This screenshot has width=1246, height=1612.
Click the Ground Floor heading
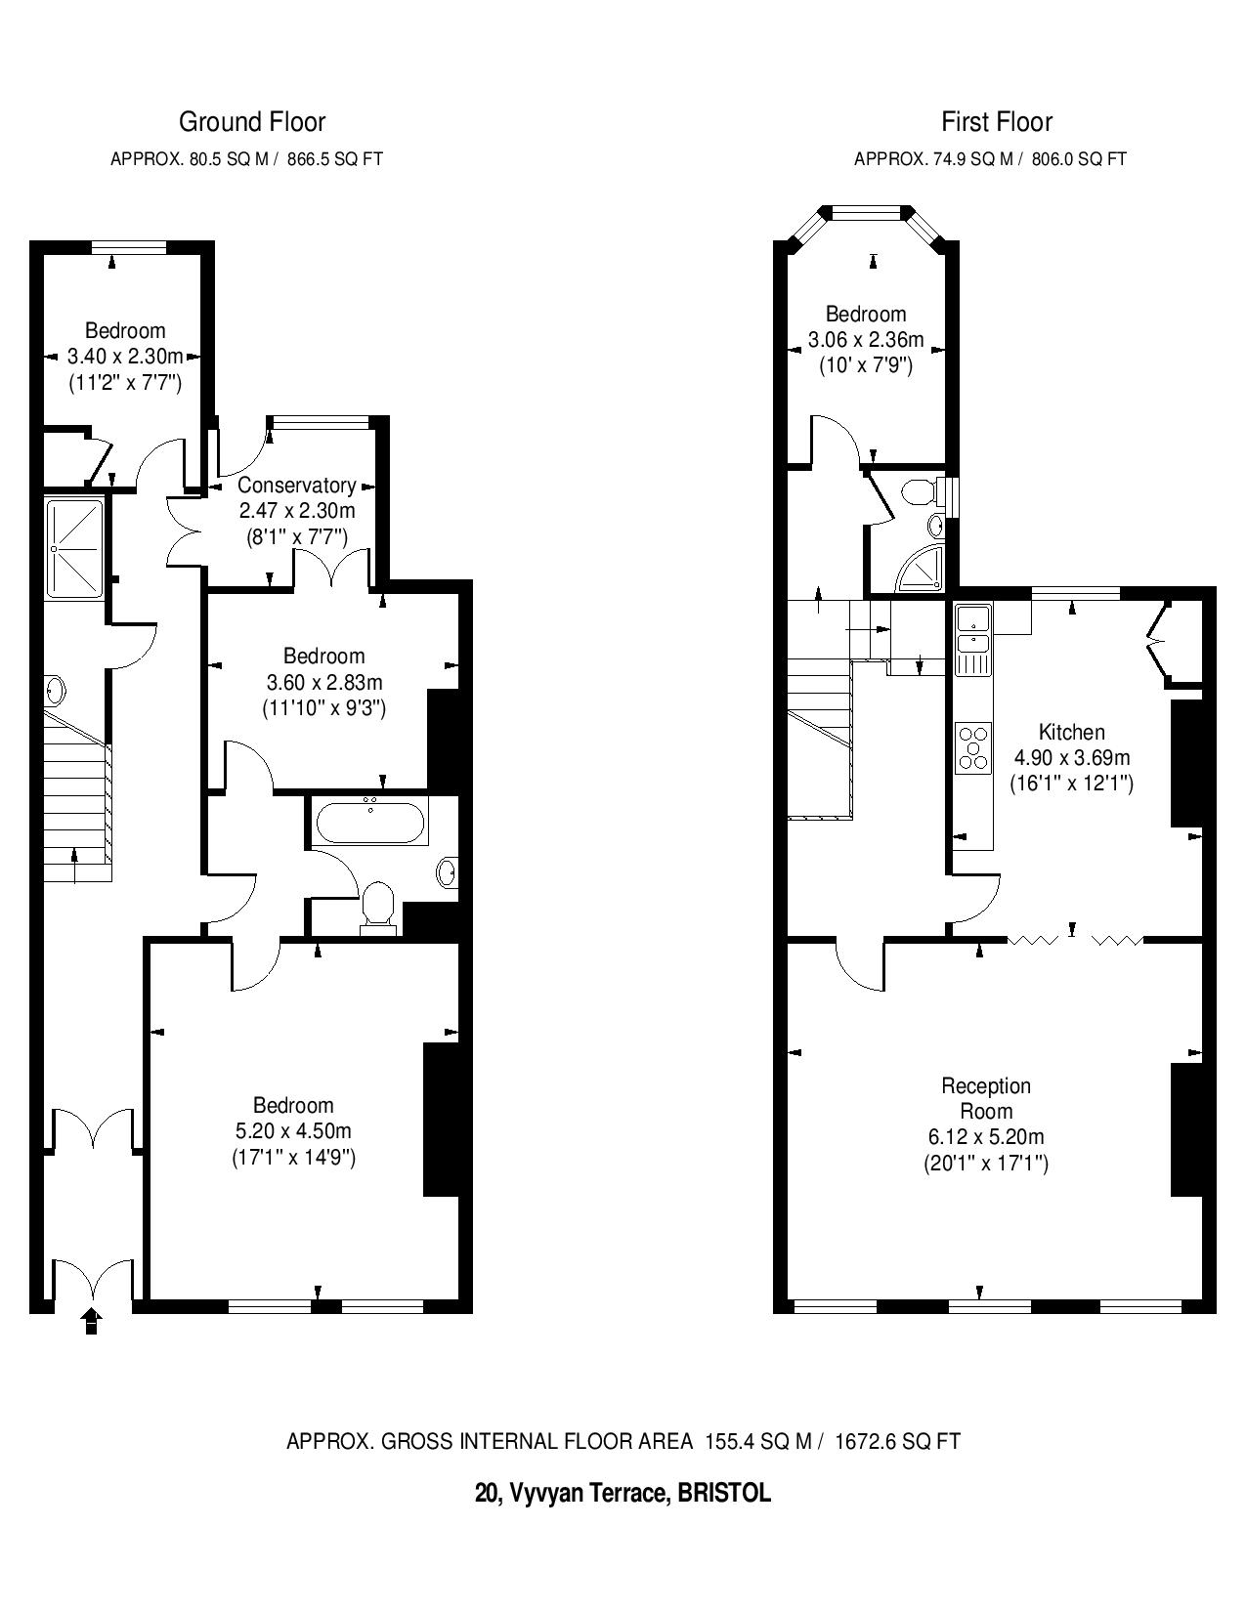pos(251,122)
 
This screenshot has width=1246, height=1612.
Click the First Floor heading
pos(997,122)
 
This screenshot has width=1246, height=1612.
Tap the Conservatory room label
pos(297,486)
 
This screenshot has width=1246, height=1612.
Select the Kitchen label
pos(1072,732)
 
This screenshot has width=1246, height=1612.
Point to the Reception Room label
pos(986,1098)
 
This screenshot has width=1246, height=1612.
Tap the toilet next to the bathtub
pos(379,906)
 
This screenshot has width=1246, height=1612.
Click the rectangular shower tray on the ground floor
pos(75,548)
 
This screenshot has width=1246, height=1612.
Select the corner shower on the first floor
pos(921,569)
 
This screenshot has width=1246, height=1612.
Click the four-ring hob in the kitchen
pos(973,747)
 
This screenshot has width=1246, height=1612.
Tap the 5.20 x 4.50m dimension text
pos(293,1131)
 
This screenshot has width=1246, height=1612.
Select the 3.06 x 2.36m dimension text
pos(866,340)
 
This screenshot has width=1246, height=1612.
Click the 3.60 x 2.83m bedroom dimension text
pos(324,682)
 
